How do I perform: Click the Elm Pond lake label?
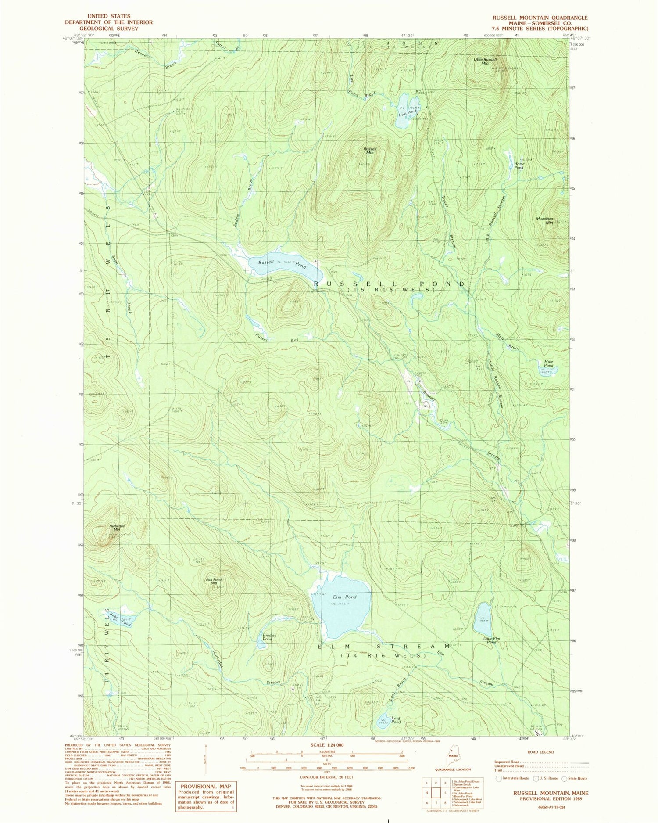[344, 597]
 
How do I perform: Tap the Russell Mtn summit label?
[370, 151]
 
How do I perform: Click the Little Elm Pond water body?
[482, 619]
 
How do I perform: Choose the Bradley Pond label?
[268, 637]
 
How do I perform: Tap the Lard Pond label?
[396, 720]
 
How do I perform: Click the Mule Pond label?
[548, 363]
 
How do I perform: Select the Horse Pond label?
[519, 165]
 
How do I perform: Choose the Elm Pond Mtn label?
[214, 582]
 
